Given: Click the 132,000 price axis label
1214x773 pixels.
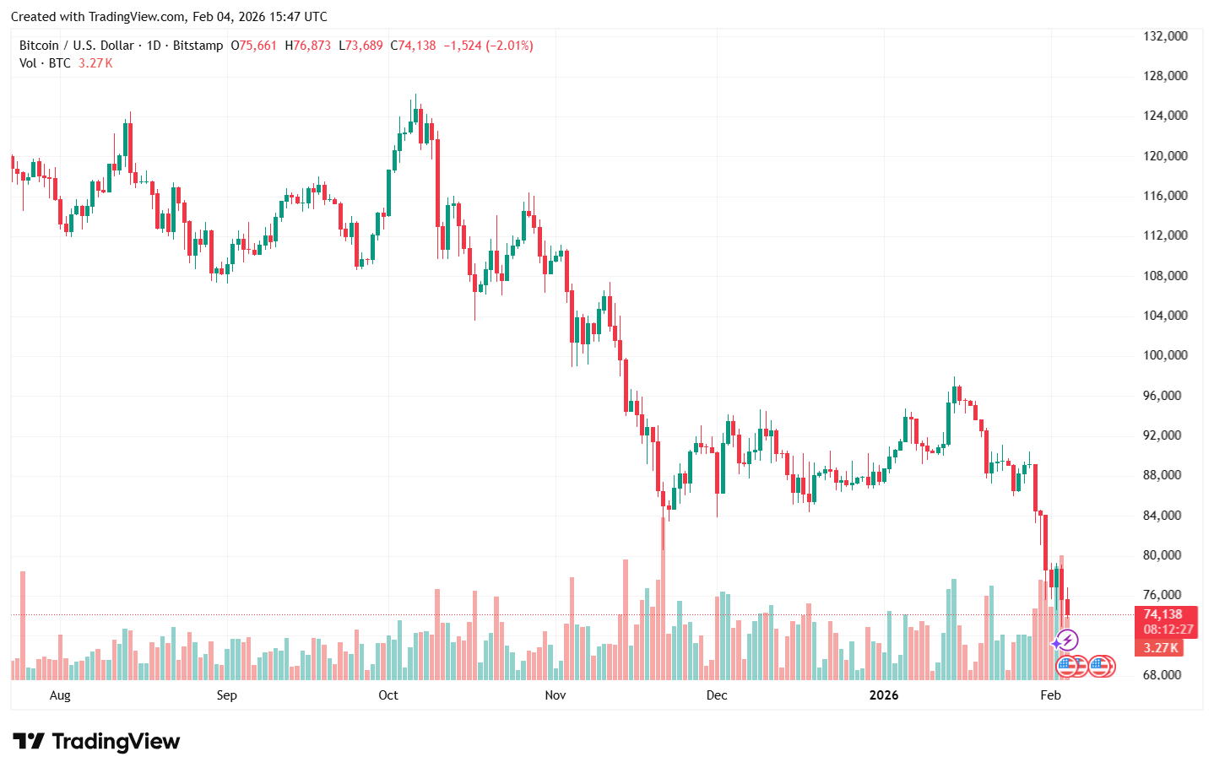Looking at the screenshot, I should pos(1165,36).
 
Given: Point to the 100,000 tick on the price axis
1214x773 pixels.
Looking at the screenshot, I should pos(1165,355).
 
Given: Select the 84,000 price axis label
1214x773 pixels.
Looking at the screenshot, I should pos(1165,516).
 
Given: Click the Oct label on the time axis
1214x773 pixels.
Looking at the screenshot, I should pos(388,695).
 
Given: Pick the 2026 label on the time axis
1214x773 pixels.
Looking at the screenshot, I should pos(884,695).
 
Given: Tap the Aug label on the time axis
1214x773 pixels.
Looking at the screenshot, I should pos(60,695).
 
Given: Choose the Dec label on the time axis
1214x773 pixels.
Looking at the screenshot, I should pos(716,695).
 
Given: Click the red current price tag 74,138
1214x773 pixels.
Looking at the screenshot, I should pos(1163,614).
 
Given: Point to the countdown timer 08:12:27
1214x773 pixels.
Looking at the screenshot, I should pos(1168,630).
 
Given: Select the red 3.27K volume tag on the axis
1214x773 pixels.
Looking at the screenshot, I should pos(1161,648).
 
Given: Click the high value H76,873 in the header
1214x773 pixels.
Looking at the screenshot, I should pos(308,46).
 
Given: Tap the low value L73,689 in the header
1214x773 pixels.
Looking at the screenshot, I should pos(360,46).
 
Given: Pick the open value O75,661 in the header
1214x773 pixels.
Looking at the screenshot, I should pos(254,46).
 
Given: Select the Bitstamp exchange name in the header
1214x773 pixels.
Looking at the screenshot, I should pos(198,46).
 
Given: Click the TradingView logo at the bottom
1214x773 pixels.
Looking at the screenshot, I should pos(96,742).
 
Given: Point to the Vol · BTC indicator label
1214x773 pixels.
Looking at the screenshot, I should pos(45,63).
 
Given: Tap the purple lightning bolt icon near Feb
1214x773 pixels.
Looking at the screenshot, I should pos(1067,641).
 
